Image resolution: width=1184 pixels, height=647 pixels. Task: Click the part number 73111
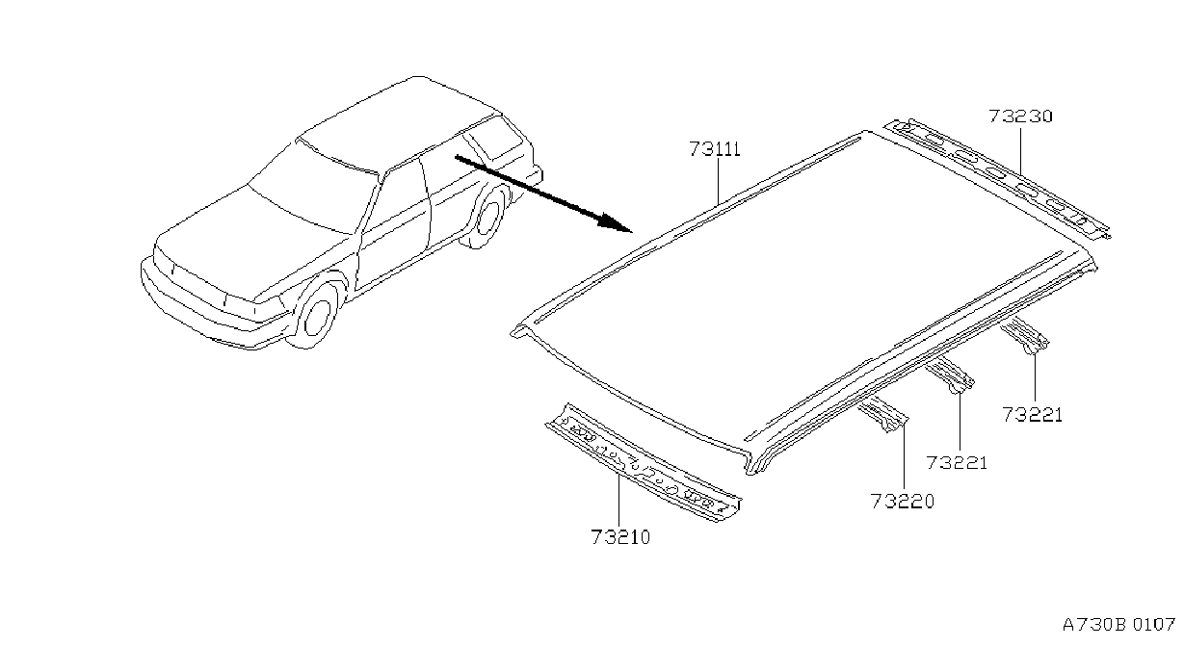[x=714, y=149]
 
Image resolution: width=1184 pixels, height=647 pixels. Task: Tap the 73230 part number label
[x=1020, y=116]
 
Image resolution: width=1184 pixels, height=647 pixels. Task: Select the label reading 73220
[x=903, y=501]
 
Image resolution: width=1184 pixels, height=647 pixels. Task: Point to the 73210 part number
[x=620, y=537]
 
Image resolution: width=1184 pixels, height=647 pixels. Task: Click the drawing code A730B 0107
[x=1118, y=625]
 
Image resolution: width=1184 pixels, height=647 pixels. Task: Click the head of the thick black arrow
[x=615, y=221]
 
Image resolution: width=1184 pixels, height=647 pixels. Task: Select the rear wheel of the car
[x=487, y=216]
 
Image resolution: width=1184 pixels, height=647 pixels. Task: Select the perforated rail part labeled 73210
[x=644, y=463]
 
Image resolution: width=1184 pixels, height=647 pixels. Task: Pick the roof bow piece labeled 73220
[x=882, y=414]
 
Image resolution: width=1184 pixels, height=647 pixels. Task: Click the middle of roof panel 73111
[x=793, y=296]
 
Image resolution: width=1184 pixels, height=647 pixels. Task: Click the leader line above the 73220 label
[x=904, y=455]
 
